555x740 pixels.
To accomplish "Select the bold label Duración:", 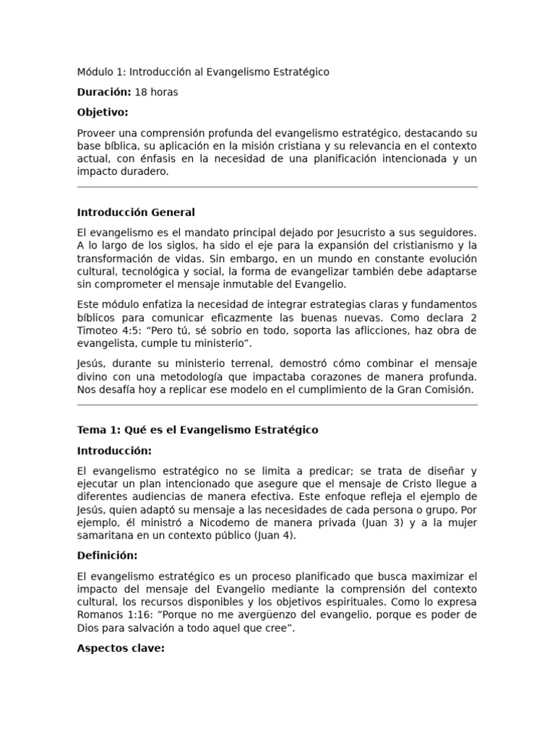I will (104, 92).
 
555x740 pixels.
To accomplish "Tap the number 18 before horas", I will (141, 92).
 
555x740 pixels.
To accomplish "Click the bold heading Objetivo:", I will (102, 112).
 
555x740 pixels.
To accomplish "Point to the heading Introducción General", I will (136, 212).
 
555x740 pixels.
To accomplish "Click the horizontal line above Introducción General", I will (277, 187).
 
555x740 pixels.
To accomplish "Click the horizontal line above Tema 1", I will (277, 405).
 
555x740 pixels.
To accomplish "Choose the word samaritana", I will (106, 535).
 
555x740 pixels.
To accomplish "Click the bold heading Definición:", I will (107, 556).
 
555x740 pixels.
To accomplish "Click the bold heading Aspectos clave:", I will (121, 648).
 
